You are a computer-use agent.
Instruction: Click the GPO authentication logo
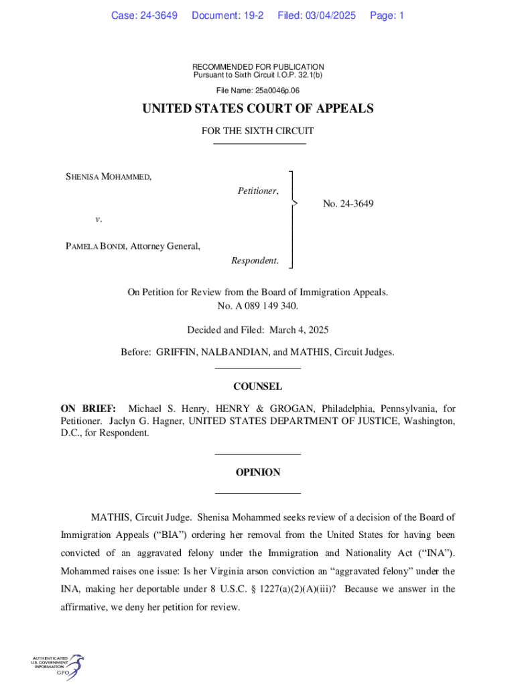click(x=57, y=667)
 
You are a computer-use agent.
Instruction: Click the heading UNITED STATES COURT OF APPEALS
click(x=258, y=109)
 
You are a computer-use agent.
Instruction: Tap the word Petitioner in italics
click(x=258, y=191)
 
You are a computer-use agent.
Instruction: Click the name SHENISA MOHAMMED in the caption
click(x=108, y=177)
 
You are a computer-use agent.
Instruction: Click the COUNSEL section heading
click(x=258, y=386)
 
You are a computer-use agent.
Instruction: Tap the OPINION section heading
click(x=258, y=472)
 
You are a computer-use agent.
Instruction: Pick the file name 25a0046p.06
click(x=276, y=90)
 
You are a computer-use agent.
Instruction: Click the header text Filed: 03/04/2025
click(x=316, y=15)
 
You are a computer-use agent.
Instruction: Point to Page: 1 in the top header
click(x=387, y=15)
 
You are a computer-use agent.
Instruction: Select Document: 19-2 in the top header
click(x=228, y=15)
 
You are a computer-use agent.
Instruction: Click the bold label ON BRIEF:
click(x=88, y=409)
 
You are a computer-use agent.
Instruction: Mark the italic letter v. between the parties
click(x=99, y=219)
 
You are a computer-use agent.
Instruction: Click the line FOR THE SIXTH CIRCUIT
click(x=258, y=131)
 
